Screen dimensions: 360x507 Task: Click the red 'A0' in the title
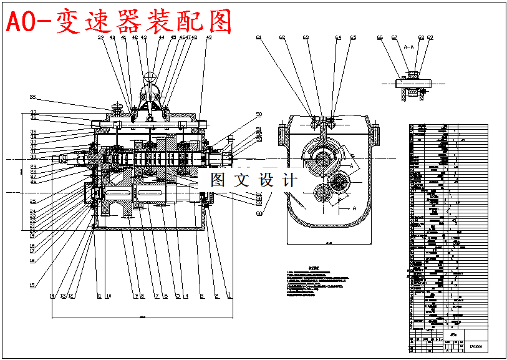click(x=22, y=22)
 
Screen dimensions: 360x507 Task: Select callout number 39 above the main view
click(x=100, y=38)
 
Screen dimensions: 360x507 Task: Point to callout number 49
click(x=209, y=38)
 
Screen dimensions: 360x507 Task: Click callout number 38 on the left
click(x=33, y=97)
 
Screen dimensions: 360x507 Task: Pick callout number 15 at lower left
click(x=32, y=285)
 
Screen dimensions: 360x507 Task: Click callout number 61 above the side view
click(x=258, y=38)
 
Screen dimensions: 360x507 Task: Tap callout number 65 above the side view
click(x=353, y=38)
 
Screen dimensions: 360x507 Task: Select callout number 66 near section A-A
click(x=380, y=38)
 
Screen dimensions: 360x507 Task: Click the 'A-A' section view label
click(x=409, y=47)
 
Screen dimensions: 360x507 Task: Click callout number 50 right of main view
click(x=259, y=115)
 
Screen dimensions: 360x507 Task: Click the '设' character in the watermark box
click(x=253, y=180)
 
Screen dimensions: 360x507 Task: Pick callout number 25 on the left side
click(x=32, y=202)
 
